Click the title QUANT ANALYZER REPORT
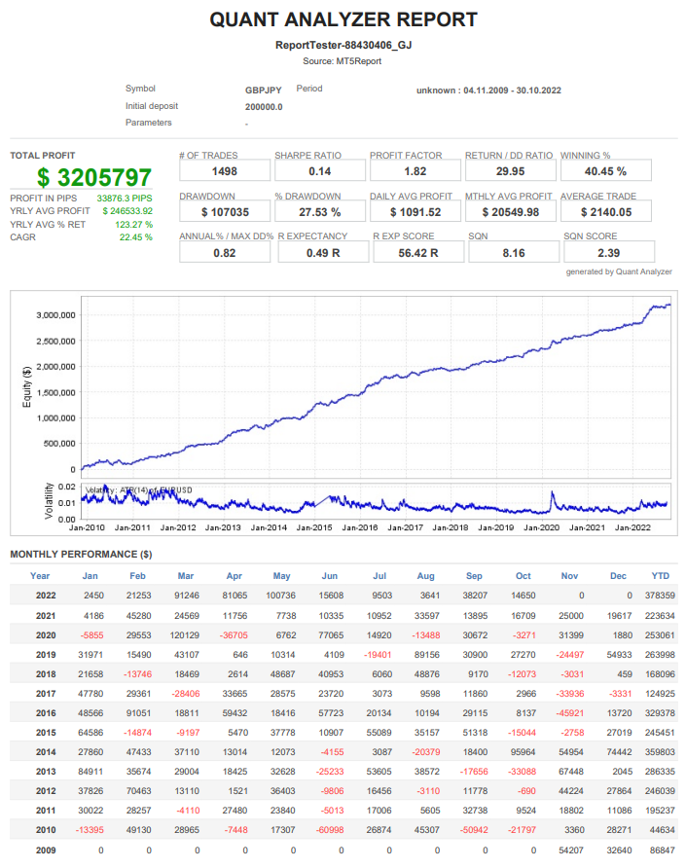click(343, 19)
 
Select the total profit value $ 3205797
click(95, 178)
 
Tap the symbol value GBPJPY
click(264, 90)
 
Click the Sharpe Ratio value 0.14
click(320, 171)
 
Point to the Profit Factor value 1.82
click(415, 171)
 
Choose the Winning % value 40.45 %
click(606, 171)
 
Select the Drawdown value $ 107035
click(225, 212)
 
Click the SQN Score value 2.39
click(608, 253)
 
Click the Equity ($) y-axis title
click(26, 384)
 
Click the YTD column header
click(661, 576)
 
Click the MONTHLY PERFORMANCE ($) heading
click(81, 555)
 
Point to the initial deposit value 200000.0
click(264, 106)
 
